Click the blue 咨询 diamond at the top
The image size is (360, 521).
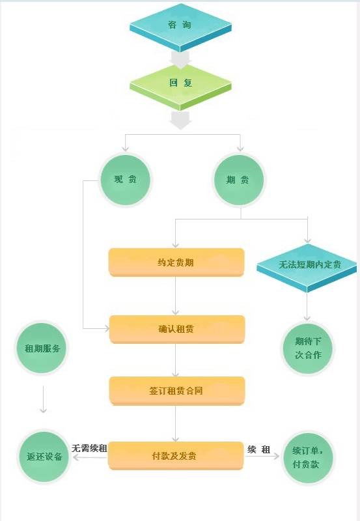pyautogui.click(x=180, y=27)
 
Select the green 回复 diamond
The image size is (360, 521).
pyautogui.click(x=180, y=87)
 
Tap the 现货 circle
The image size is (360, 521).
pyautogui.click(x=125, y=180)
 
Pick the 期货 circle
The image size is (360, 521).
pyautogui.click(x=239, y=180)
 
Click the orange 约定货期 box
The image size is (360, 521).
pyautogui.click(x=176, y=262)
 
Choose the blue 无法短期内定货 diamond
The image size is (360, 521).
pyautogui.click(x=307, y=268)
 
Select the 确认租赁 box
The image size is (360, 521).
pyautogui.click(x=177, y=329)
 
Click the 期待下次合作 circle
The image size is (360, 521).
pyautogui.click(x=308, y=348)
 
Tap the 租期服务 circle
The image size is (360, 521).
pyautogui.click(x=42, y=348)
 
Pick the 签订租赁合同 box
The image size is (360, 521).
pyautogui.click(x=177, y=391)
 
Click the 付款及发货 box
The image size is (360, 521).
pyautogui.click(x=176, y=455)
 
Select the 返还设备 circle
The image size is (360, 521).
pyautogui.click(x=44, y=457)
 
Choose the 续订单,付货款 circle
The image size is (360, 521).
pyautogui.click(x=308, y=458)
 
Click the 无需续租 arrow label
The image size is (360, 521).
pyautogui.click(x=89, y=448)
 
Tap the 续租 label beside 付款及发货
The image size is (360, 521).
pyautogui.click(x=258, y=449)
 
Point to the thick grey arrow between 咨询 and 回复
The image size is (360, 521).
pyautogui.click(x=180, y=60)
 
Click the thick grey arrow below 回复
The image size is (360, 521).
pyautogui.click(x=180, y=120)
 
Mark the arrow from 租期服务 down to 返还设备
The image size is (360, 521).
pyautogui.click(x=43, y=399)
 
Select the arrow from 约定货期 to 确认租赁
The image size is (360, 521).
pyautogui.click(x=176, y=296)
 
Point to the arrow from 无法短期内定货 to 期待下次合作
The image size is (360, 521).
pyautogui.click(x=307, y=307)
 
